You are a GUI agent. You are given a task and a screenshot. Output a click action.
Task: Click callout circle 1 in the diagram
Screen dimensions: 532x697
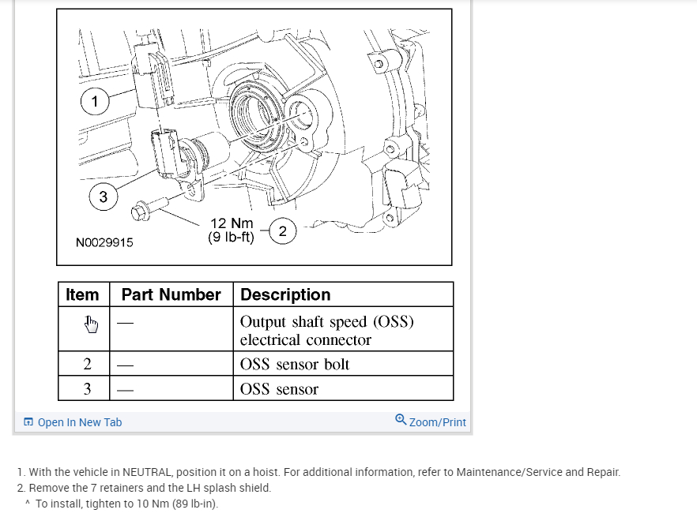pyautogui.click(x=95, y=100)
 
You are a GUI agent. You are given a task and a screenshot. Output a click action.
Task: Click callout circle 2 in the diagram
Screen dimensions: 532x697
pyautogui.click(x=283, y=230)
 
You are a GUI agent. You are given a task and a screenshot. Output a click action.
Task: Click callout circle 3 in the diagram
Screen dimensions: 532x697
pyautogui.click(x=103, y=197)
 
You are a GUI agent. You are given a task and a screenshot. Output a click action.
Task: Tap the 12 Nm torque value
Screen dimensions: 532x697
pyautogui.click(x=232, y=223)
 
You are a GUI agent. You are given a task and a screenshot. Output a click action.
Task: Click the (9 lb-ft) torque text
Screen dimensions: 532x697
pyautogui.click(x=231, y=237)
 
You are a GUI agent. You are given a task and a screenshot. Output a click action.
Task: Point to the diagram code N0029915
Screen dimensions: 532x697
pyautogui.click(x=104, y=242)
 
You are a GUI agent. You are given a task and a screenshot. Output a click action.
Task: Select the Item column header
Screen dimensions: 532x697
pyautogui.click(x=82, y=294)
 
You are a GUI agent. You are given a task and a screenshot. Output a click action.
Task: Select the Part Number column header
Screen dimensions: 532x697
pyautogui.click(x=171, y=294)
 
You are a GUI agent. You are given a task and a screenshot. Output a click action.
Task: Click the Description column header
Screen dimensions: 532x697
pyautogui.click(x=285, y=294)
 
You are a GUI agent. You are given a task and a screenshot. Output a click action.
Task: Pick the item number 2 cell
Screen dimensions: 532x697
pyautogui.click(x=87, y=364)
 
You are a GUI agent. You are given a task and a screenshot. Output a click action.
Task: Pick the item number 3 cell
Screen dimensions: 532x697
pyautogui.click(x=87, y=388)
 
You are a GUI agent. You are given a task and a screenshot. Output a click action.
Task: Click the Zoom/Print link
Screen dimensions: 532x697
pyautogui.click(x=437, y=422)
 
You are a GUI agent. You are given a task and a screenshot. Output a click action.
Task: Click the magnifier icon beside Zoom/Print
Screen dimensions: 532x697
pyautogui.click(x=401, y=420)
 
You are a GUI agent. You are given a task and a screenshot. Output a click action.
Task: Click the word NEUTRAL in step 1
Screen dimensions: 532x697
pyautogui.click(x=146, y=472)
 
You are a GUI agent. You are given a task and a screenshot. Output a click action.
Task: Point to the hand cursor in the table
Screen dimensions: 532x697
pyautogui.click(x=91, y=324)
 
